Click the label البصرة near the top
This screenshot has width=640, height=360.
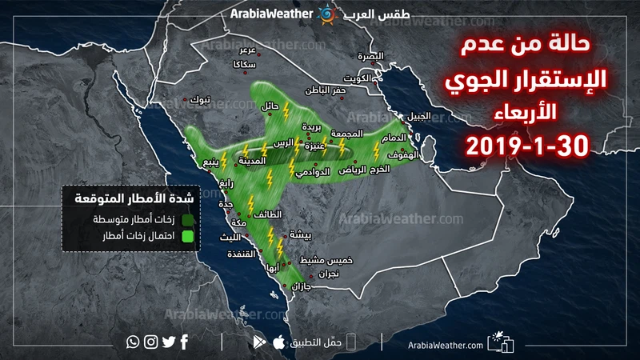pos(370,57)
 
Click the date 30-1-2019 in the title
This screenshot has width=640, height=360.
pos(527,146)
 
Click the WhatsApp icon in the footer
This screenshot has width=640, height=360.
pos(133,342)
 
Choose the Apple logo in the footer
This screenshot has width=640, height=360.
pos(278,342)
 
